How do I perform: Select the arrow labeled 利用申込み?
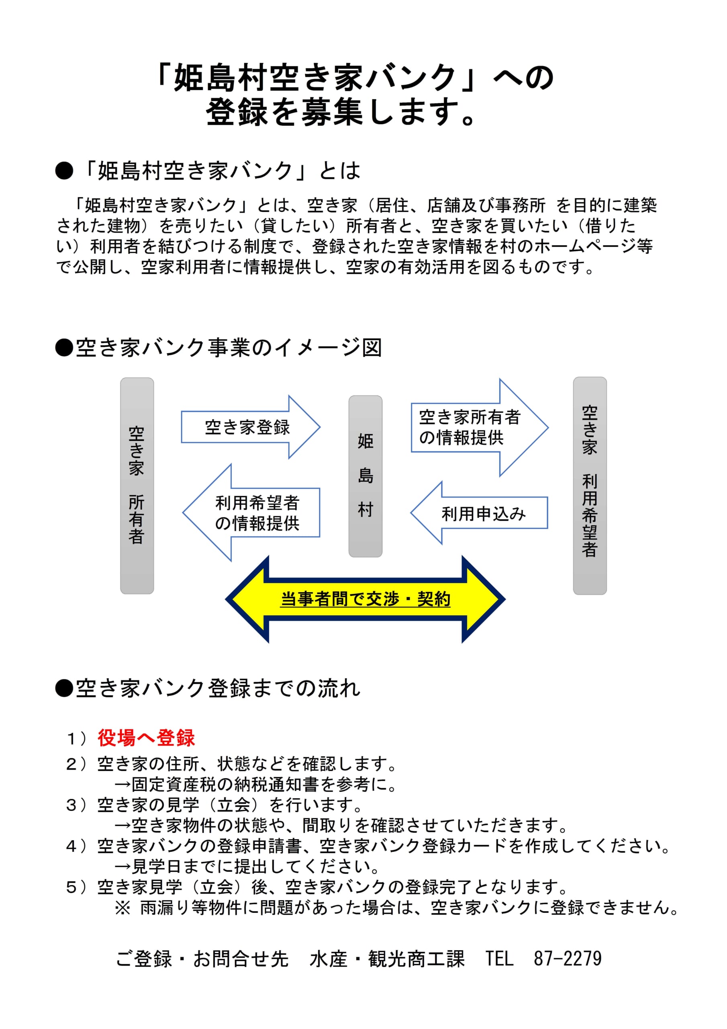tap(479, 513)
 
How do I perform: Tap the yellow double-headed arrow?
tap(365, 599)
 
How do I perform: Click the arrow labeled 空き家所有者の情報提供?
tap(479, 428)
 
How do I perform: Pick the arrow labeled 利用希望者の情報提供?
tap(251, 512)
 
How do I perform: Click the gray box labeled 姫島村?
tap(366, 476)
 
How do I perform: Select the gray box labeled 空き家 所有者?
tap(137, 486)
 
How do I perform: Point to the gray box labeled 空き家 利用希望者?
tap(590, 486)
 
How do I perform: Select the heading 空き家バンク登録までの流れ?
tap(218, 688)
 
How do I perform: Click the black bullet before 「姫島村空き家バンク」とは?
tap(64, 171)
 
